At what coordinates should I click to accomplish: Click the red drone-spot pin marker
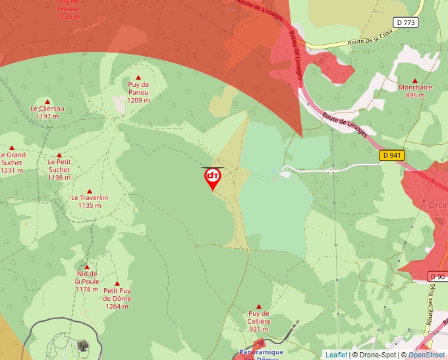pyautogui.click(x=212, y=178)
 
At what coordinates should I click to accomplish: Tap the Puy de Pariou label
pyautogui.click(x=138, y=93)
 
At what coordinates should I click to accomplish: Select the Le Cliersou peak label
pyautogui.click(x=47, y=112)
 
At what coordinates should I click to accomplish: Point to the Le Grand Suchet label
pyautogui.click(x=12, y=163)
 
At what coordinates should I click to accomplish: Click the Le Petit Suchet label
pyautogui.click(x=59, y=169)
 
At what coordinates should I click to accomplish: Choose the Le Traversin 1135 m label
pyautogui.click(x=90, y=201)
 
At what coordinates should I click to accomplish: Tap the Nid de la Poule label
pyautogui.click(x=87, y=281)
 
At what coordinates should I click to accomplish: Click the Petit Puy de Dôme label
pyautogui.click(x=117, y=298)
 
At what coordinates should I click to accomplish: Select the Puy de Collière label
pyautogui.click(x=259, y=321)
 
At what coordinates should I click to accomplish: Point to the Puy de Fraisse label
pyautogui.click(x=69, y=10)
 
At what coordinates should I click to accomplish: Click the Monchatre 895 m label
pyautogui.click(x=415, y=91)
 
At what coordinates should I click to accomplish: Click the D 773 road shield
pyautogui.click(x=406, y=22)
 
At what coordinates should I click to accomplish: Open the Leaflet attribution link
pyautogui.click(x=336, y=355)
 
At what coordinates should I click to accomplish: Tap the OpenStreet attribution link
pyautogui.click(x=426, y=355)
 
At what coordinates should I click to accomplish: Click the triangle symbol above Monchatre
pyautogui.click(x=415, y=80)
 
